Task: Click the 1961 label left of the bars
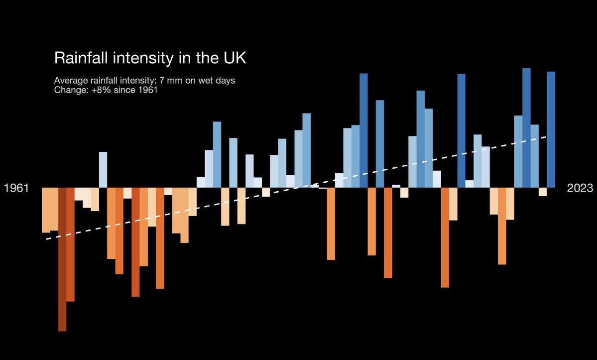point(16,188)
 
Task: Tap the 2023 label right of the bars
point(580,188)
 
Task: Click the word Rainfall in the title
point(80,58)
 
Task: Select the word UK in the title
point(232,58)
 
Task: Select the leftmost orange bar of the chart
point(46,210)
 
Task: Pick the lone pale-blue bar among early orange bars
point(103,170)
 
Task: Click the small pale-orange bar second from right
point(543,192)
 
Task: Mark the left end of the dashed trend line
point(47,239)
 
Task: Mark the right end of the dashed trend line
point(548,136)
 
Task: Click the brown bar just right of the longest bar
point(70,244)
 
